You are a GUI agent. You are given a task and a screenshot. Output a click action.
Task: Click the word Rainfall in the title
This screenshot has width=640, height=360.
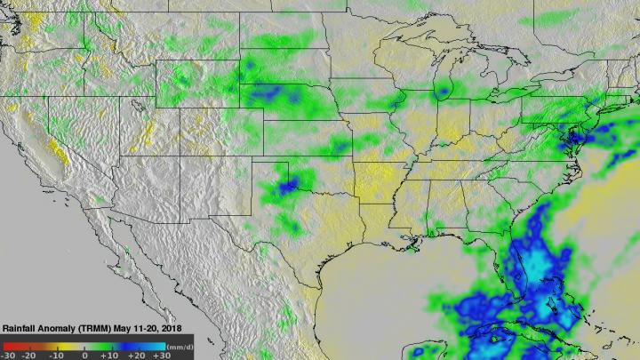tap(21, 327)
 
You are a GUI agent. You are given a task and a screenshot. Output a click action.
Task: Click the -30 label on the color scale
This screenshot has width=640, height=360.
tap(9, 354)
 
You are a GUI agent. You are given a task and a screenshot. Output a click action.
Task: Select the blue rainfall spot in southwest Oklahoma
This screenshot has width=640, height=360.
tap(286, 186)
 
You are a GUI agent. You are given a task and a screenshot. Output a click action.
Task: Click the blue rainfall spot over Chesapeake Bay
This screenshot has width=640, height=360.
tap(576, 134)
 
